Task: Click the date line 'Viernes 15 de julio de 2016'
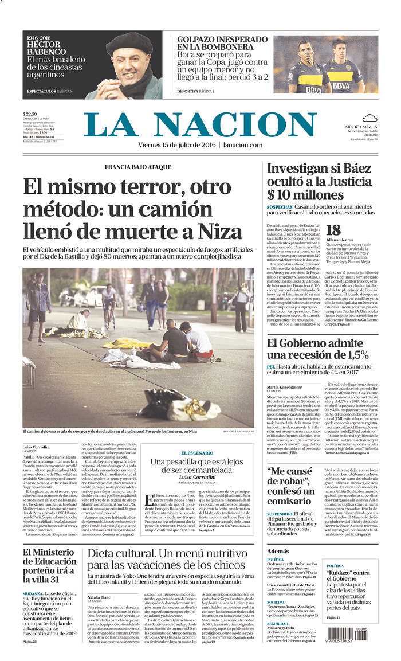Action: [x=177, y=145]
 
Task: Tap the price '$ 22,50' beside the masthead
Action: [x=30, y=114]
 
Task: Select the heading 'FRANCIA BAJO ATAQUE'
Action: [x=137, y=167]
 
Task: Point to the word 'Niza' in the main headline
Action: [x=221, y=231]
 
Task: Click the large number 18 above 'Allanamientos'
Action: [x=333, y=230]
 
